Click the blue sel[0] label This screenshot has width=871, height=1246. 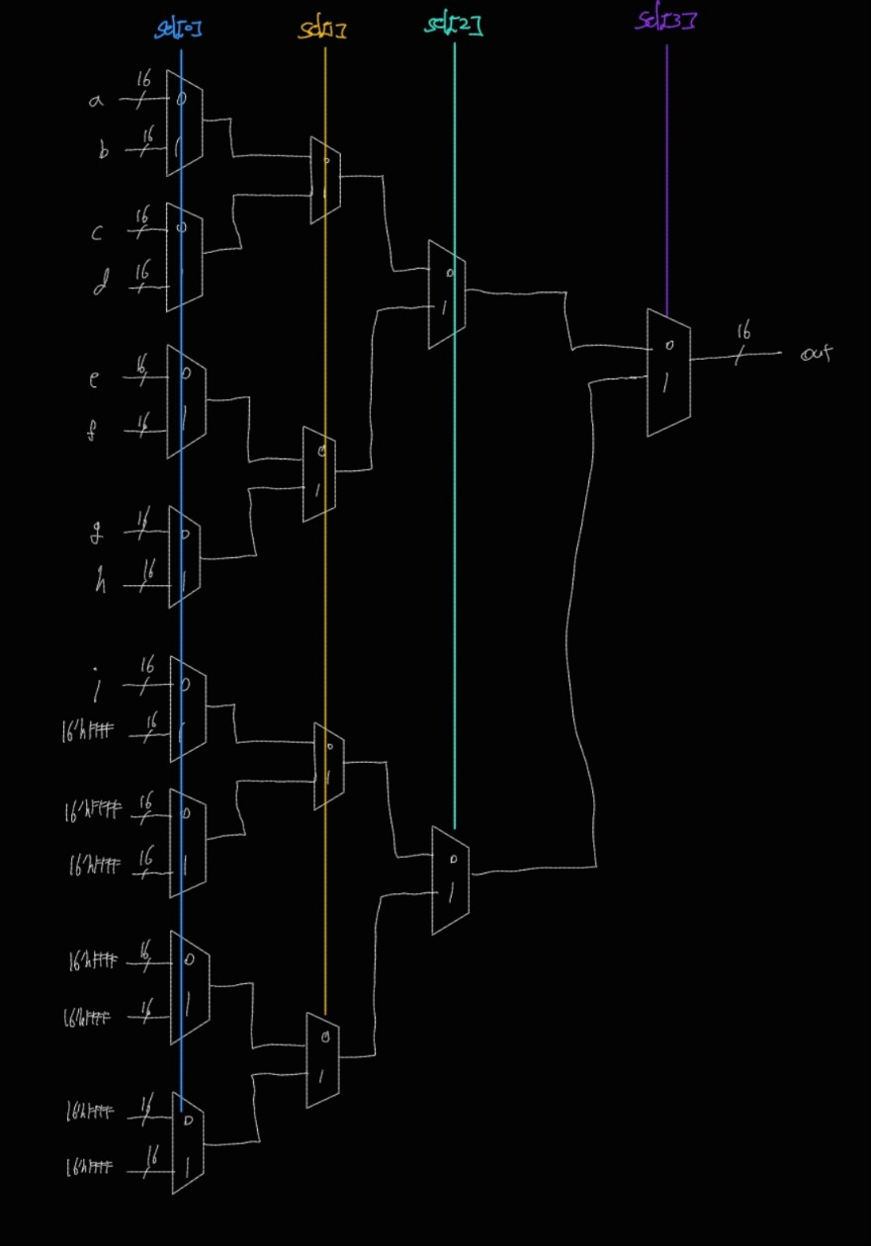(x=179, y=28)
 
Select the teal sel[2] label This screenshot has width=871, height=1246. (x=454, y=25)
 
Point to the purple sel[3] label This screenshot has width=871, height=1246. (x=664, y=20)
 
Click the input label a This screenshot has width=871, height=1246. (x=96, y=100)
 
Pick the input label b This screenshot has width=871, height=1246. (x=103, y=150)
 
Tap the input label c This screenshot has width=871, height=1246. (x=97, y=233)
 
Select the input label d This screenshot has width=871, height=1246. (x=101, y=287)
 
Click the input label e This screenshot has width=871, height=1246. (x=94, y=378)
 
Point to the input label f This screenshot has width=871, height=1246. (x=92, y=431)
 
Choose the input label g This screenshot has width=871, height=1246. (x=96, y=534)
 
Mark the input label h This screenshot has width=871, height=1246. (x=100, y=584)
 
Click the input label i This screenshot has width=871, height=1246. (x=97, y=684)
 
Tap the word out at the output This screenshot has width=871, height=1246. (x=816, y=353)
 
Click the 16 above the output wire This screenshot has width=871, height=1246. (x=743, y=333)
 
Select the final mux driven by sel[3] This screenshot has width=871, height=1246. (x=668, y=373)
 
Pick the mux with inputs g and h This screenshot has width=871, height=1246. (x=186, y=556)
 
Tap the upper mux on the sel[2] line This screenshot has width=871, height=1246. (x=447, y=293)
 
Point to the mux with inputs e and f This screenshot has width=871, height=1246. (x=186, y=401)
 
